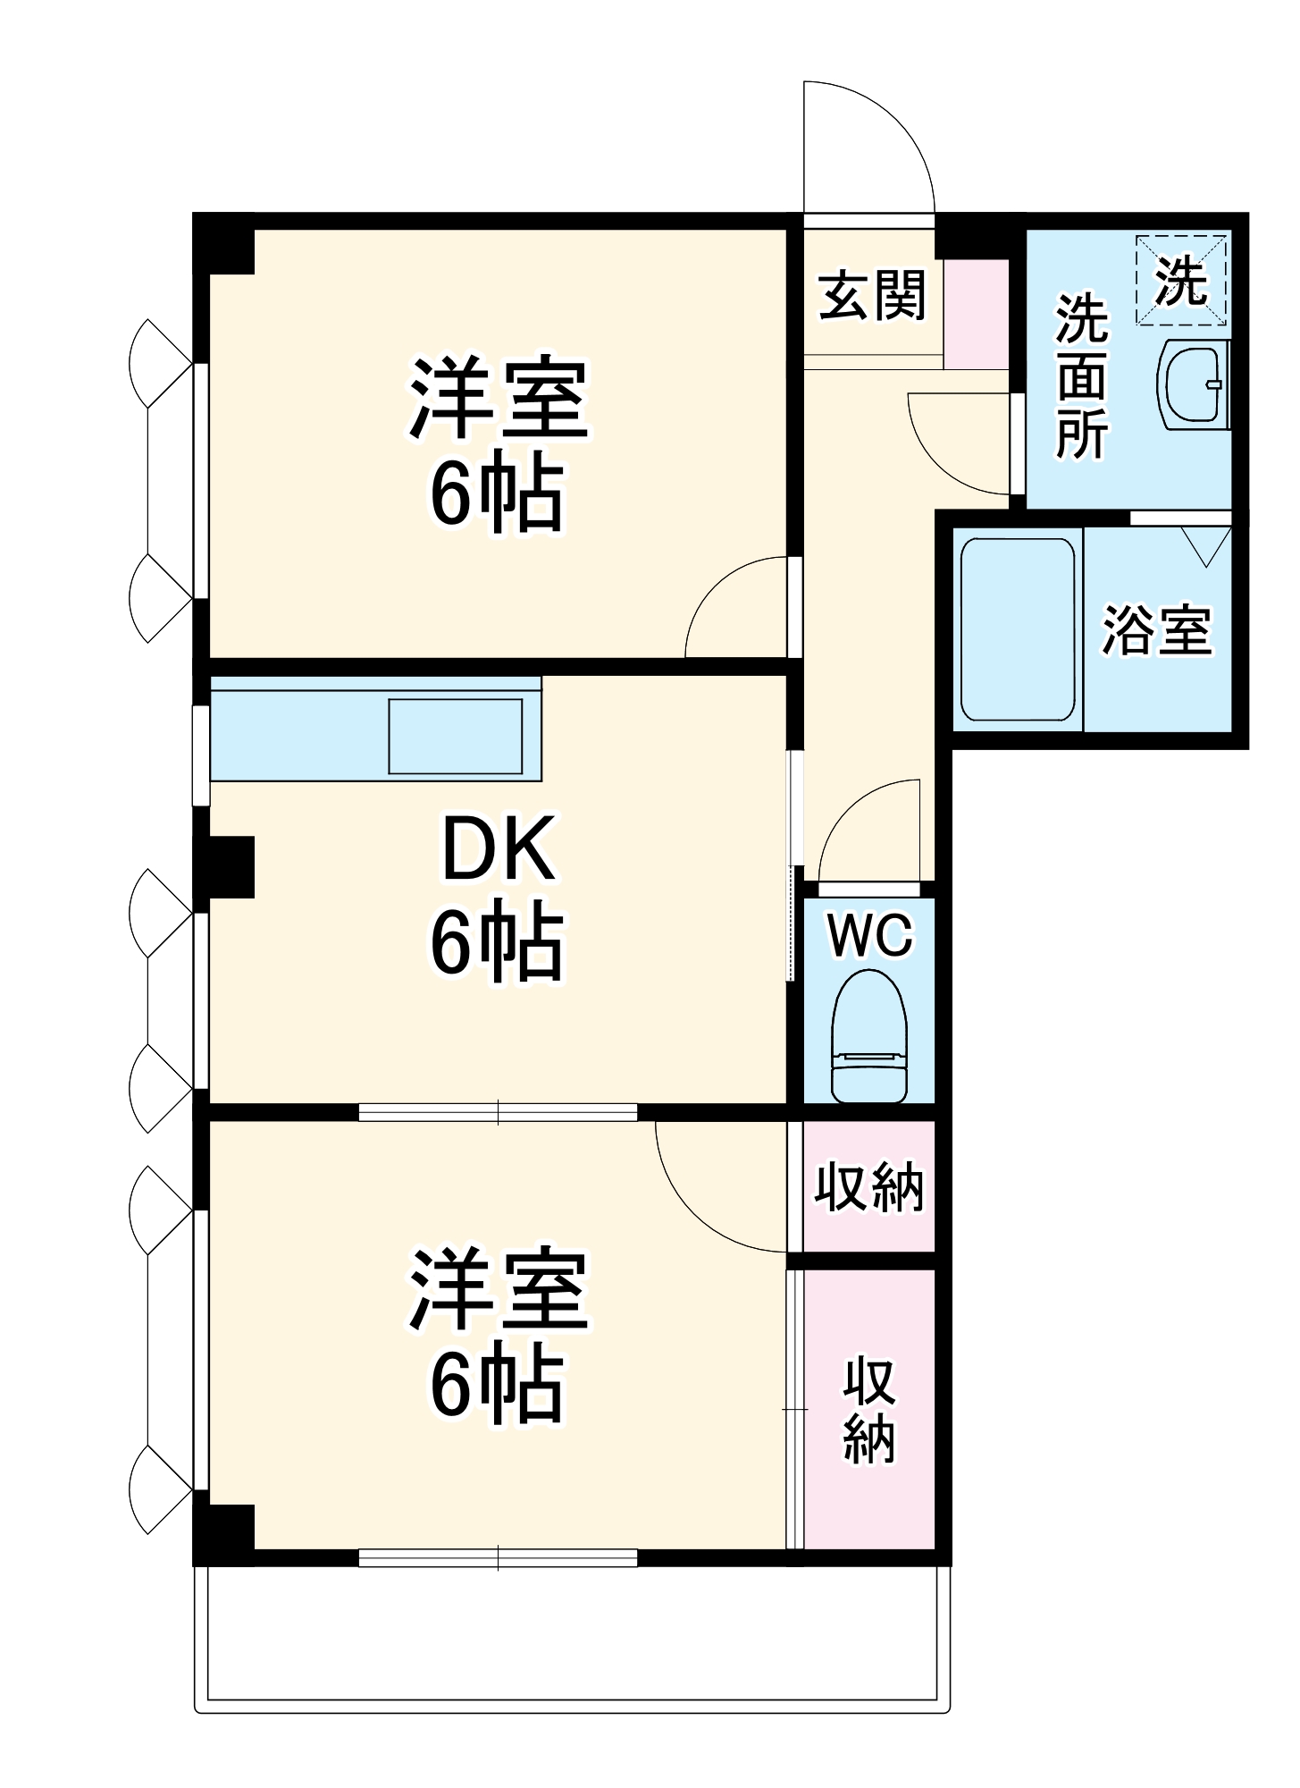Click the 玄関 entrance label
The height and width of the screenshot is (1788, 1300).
tap(872, 295)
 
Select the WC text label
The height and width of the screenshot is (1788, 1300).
tap(869, 935)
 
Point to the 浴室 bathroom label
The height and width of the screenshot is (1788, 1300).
tap(1156, 630)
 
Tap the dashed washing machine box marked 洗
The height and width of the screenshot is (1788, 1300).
tap(1181, 280)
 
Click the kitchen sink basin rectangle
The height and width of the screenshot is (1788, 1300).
tap(455, 736)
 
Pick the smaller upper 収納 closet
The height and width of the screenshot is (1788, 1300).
tap(868, 1186)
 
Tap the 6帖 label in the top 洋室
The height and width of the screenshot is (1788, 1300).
tap(498, 494)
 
